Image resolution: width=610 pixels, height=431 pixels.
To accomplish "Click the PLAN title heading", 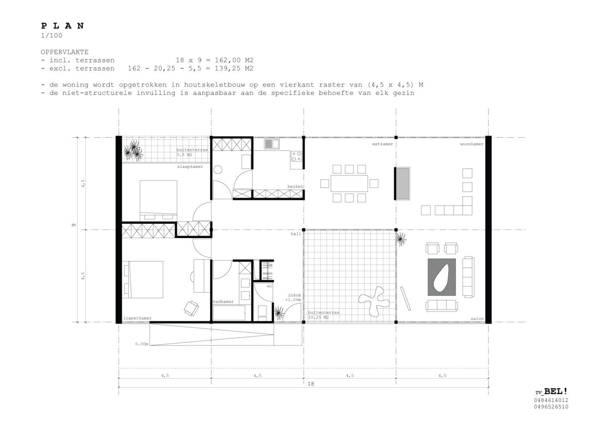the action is (62, 26).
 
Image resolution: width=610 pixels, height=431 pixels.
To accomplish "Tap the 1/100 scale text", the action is (52, 35).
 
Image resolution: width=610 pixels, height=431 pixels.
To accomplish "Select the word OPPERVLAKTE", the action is (65, 52).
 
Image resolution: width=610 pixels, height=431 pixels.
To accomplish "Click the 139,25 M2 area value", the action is (234, 68).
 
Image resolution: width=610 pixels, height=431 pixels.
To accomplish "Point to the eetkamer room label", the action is (382, 144).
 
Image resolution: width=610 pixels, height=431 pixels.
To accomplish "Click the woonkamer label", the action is (472, 144).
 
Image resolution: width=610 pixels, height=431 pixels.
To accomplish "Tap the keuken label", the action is (295, 187).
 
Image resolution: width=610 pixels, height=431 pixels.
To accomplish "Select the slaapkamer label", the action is (190, 167).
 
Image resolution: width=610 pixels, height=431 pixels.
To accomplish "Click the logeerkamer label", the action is (137, 318).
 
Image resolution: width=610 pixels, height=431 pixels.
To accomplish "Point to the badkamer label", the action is (223, 302).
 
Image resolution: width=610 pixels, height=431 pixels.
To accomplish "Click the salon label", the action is (477, 319).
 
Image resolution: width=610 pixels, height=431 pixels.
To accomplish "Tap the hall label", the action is (296, 234).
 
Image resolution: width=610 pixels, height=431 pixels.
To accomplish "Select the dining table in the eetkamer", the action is (349, 183).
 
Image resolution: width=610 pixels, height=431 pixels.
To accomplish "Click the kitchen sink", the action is (272, 144).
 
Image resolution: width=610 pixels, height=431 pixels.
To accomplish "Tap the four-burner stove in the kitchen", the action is (296, 156).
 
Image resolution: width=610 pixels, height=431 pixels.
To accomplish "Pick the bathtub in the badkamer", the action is (229, 313).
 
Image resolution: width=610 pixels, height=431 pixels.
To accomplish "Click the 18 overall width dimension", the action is (311, 384).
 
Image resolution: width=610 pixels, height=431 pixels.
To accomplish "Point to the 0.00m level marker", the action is (142, 344).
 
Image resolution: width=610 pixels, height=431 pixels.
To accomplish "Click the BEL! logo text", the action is (556, 392).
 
